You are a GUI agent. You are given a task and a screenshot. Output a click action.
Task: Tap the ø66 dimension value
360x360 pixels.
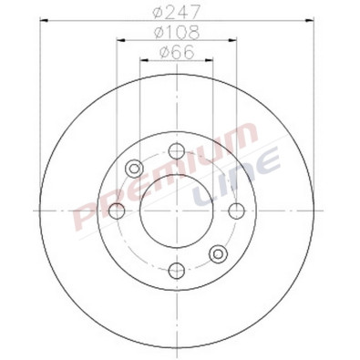(179, 54)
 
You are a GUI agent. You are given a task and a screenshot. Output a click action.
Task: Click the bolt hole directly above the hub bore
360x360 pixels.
(179, 150)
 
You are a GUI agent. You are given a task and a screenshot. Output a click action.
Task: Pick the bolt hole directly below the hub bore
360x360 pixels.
(179, 271)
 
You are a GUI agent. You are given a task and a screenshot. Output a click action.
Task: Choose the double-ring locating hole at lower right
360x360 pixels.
(221, 253)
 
